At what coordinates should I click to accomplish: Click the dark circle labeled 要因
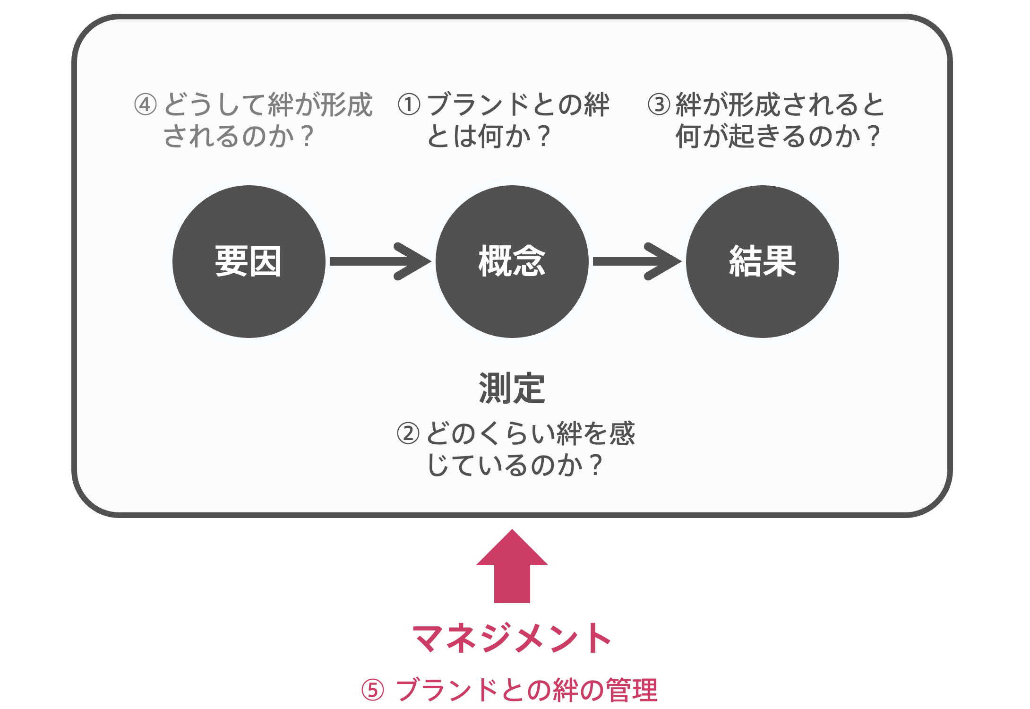[249, 261]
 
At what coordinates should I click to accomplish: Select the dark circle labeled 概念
[512, 261]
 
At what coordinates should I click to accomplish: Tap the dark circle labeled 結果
[763, 261]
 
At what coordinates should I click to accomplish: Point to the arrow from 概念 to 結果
[637, 261]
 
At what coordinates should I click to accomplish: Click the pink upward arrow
[512, 566]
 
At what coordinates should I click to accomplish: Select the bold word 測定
[512, 388]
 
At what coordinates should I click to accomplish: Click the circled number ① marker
[409, 104]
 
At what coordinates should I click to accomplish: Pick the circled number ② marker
[408, 433]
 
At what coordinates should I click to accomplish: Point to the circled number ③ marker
[659, 104]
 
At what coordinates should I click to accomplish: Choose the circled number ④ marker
[146, 104]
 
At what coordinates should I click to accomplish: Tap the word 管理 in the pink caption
[631, 690]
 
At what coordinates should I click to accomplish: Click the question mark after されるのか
[307, 136]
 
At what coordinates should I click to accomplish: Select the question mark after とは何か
[544, 136]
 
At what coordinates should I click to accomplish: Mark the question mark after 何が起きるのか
[874, 136]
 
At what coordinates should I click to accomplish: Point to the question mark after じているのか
[596, 465]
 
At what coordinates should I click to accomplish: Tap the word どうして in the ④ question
[215, 104]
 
